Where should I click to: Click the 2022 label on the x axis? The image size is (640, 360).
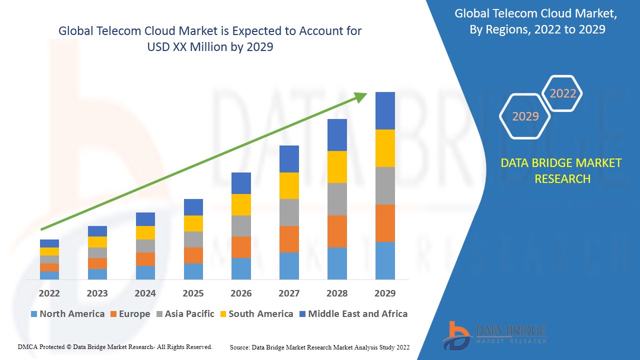click(49, 293)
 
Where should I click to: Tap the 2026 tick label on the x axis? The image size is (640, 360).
click(241, 293)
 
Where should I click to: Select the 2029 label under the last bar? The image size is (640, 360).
click(385, 293)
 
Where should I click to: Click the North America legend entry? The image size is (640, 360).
click(67, 314)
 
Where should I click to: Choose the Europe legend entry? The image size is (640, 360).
click(129, 314)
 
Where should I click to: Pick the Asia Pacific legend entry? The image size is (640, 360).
click(185, 314)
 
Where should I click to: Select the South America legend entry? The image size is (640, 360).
click(256, 314)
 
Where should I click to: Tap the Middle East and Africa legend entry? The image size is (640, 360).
click(353, 314)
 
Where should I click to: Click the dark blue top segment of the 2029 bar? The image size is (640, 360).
click(385, 110)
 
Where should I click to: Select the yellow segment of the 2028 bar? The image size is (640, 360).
click(337, 167)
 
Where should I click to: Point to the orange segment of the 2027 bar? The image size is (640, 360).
click(289, 239)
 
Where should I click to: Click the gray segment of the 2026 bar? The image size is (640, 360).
click(241, 226)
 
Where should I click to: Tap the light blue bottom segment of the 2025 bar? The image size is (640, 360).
click(193, 271)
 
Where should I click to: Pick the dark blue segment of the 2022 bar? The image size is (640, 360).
click(49, 243)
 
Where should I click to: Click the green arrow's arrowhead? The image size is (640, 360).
click(361, 96)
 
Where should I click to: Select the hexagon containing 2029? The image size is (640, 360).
click(525, 116)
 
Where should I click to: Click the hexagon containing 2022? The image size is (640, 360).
click(562, 93)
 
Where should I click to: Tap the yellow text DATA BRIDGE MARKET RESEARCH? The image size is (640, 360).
click(561, 171)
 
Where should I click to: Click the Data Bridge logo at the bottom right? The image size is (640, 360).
click(495, 334)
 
